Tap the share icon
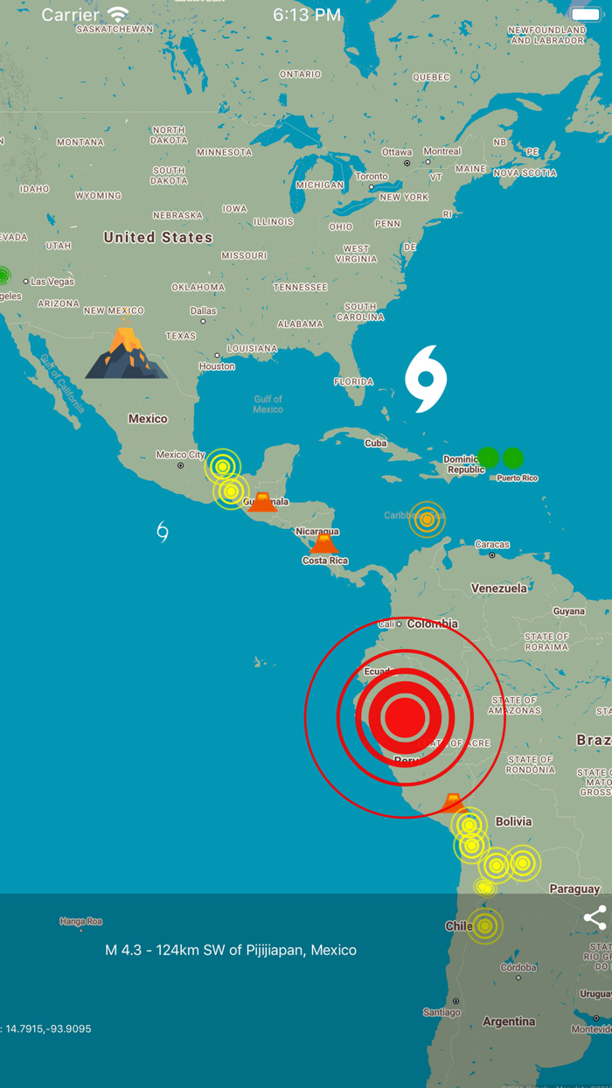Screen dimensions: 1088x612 point(595,917)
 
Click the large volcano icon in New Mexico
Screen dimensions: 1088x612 point(127,352)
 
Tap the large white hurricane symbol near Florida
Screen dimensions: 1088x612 point(426,379)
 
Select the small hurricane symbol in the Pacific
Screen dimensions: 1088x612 point(162,531)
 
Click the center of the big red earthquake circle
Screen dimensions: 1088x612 point(404,717)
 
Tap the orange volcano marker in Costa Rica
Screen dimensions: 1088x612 point(323,544)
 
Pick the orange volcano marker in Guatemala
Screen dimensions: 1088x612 point(262,502)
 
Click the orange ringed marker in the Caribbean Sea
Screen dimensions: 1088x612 point(427,520)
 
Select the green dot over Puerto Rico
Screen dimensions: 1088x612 point(512,457)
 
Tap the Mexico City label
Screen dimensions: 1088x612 point(180,455)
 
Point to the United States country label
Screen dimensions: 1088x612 point(158,237)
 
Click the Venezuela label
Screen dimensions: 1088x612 point(499,589)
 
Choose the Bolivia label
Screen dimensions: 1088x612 point(513,821)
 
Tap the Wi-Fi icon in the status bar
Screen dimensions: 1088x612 point(118,15)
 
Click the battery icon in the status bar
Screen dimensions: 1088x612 point(585,15)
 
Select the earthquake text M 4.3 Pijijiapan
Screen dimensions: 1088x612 point(231,950)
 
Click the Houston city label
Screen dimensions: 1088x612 point(217,366)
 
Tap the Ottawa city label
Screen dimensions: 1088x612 point(397,152)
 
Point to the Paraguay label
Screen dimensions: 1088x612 point(574,889)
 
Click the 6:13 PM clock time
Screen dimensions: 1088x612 point(307,15)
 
